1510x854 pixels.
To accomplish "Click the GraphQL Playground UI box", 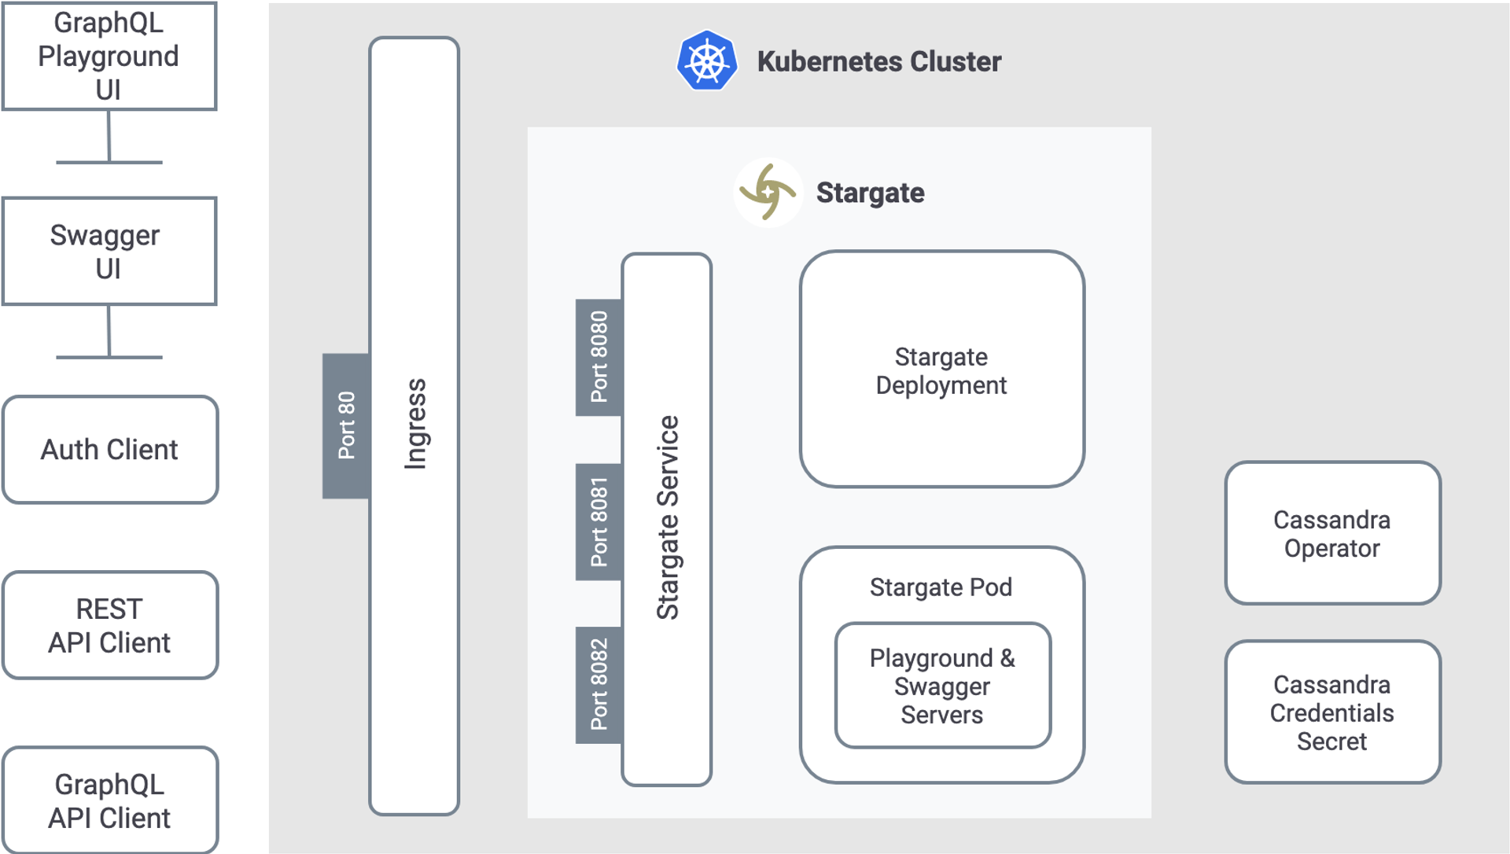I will click(x=109, y=56).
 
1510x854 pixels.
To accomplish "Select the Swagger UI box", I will click(x=109, y=251).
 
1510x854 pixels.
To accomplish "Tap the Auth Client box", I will click(x=110, y=449).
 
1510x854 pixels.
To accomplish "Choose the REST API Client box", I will click(x=110, y=625).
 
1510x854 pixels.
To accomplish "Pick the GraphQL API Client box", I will click(x=110, y=801).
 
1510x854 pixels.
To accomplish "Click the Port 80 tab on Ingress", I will click(x=346, y=425).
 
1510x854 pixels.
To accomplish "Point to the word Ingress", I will click(x=415, y=425).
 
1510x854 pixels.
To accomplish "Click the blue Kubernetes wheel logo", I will click(x=707, y=61).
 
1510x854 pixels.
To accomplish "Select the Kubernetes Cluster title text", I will click(x=878, y=61).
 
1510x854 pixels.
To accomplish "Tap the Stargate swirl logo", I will click(x=768, y=193).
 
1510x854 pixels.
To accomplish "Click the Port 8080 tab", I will click(x=598, y=357).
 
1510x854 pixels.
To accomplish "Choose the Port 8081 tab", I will click(x=598, y=521).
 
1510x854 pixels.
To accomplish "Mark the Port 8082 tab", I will click(x=598, y=685).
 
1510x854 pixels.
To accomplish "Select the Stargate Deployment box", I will click(x=941, y=370).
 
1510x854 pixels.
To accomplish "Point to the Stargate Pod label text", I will click(x=941, y=587).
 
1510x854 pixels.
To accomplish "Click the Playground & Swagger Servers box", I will click(x=942, y=686).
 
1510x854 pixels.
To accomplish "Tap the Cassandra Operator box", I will click(x=1332, y=533).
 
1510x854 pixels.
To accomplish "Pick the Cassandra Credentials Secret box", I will click(x=1332, y=712).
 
